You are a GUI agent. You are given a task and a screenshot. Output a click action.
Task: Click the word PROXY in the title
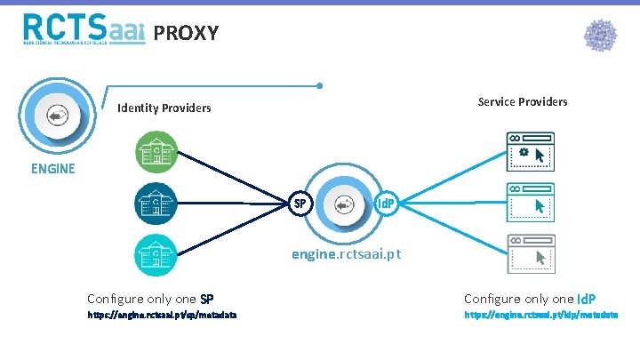pyautogui.click(x=186, y=34)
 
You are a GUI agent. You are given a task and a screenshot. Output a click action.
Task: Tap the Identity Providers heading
pyautogui.click(x=164, y=108)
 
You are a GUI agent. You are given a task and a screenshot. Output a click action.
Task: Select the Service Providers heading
pyautogui.click(x=523, y=101)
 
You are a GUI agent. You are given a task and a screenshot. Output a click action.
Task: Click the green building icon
pyautogui.click(x=156, y=152)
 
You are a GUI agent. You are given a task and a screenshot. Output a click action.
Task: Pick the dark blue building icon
pyautogui.click(x=156, y=204)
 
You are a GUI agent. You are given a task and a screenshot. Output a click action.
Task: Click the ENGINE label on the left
pyautogui.click(x=54, y=167)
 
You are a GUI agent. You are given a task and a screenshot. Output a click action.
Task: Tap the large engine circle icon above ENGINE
pyautogui.click(x=56, y=116)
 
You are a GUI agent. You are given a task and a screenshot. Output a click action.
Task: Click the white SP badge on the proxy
pyautogui.click(x=300, y=204)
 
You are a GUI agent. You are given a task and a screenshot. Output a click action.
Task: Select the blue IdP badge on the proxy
pyautogui.click(x=385, y=204)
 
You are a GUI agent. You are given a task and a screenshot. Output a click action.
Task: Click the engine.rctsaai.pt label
pyautogui.click(x=347, y=254)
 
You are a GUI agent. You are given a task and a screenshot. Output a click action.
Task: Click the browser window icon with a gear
pyautogui.click(x=530, y=152)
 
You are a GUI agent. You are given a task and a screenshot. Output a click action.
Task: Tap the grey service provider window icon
pyautogui.click(x=530, y=254)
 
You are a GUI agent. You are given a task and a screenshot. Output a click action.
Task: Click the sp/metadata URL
pyautogui.click(x=162, y=316)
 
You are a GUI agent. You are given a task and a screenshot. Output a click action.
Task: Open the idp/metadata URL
pyautogui.click(x=540, y=316)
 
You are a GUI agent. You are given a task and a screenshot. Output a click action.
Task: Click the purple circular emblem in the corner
pyautogui.click(x=600, y=36)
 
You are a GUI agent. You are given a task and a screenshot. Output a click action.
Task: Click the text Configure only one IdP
pyautogui.click(x=530, y=299)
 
